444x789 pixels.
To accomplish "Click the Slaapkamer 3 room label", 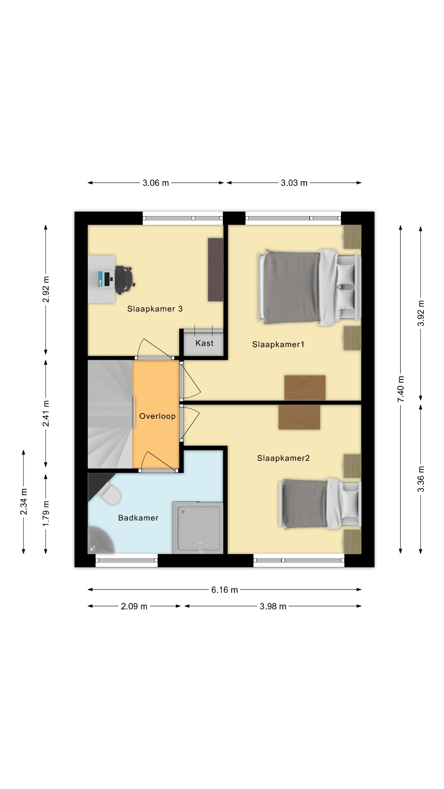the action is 155,309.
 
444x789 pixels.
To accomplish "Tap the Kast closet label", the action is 204,343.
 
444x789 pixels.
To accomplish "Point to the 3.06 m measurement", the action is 156,183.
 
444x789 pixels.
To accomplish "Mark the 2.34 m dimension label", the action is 24,502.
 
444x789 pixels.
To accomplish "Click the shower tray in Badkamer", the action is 198,527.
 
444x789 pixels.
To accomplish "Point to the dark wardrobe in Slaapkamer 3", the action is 216,270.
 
